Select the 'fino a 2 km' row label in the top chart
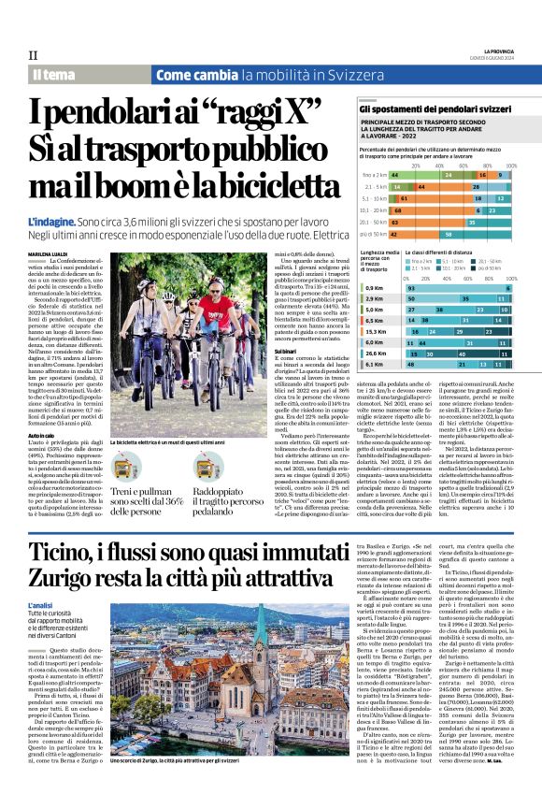coord(376,175)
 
